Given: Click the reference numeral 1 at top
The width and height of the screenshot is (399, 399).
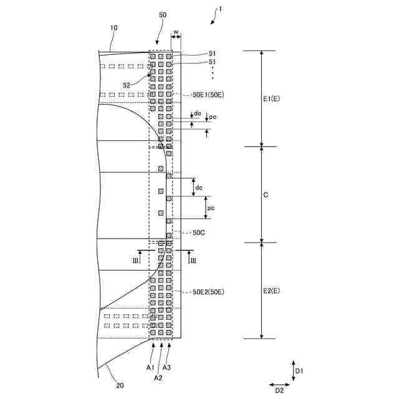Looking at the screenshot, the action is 218,10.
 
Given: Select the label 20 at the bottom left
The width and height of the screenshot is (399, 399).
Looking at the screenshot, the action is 120,385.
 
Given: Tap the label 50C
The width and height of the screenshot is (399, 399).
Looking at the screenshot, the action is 199,232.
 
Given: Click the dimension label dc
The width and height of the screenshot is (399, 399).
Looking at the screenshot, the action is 199,188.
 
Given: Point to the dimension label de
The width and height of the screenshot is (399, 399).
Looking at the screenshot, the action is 198,113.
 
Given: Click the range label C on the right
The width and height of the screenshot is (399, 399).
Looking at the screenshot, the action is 266,195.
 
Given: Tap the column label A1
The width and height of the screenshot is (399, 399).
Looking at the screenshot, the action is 150,368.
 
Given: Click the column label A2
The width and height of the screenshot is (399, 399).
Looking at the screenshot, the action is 158,377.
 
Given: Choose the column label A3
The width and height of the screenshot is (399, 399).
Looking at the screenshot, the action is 167,368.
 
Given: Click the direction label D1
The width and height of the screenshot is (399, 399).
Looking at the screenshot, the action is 299,371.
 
